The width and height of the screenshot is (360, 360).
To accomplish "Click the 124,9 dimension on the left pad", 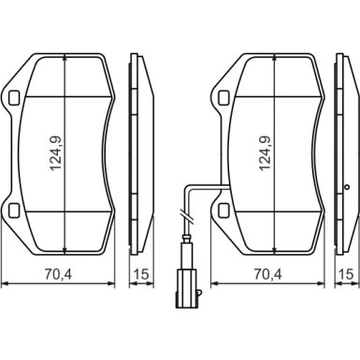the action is tap(56, 154).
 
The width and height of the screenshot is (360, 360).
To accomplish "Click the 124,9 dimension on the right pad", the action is tap(266, 154).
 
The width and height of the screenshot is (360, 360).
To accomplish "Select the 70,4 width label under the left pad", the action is tap(58, 274).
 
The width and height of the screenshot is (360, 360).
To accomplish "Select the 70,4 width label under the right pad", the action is tap(267, 274).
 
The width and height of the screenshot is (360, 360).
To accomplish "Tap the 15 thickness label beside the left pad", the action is tap(141, 274).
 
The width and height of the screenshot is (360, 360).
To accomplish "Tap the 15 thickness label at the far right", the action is tap(347, 274).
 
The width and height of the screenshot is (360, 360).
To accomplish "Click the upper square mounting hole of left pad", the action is tap(14, 98).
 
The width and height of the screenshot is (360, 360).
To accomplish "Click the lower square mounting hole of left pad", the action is tap(14, 210).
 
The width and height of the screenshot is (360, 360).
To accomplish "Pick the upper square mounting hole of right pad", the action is tap(223, 98).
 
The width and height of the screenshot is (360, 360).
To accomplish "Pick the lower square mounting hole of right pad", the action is tap(223, 210).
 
